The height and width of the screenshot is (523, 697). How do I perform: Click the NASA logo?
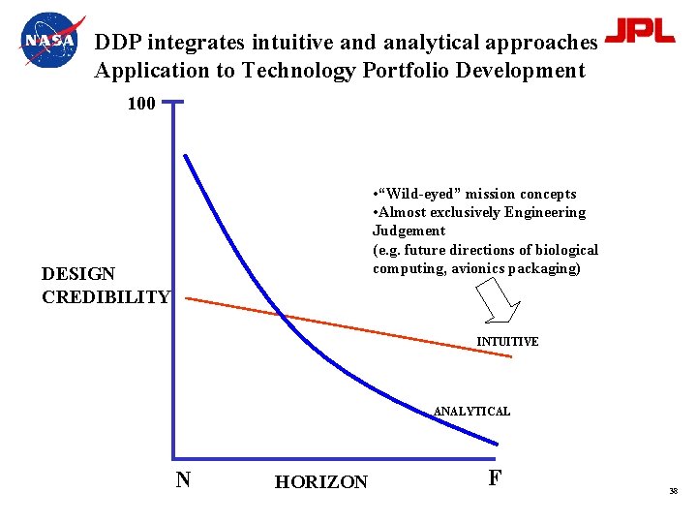coord(51,42)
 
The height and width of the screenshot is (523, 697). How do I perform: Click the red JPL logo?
coord(639,31)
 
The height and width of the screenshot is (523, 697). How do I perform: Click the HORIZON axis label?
coord(321,482)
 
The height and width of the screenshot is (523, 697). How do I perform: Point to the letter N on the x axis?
coord(182,478)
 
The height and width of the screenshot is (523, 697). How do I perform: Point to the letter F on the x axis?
coord(495,477)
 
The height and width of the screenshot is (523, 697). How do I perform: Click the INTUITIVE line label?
coord(507,342)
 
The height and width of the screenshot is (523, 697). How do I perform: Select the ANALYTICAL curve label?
coord(471,412)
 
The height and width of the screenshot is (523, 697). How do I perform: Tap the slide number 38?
coord(673,492)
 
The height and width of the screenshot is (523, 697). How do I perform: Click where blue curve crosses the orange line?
coord(281,314)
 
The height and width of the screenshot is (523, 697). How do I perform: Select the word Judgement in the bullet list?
coord(409,231)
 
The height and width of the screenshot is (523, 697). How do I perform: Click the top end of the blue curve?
coord(186,155)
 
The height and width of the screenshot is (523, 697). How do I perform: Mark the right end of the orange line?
coord(511,356)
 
